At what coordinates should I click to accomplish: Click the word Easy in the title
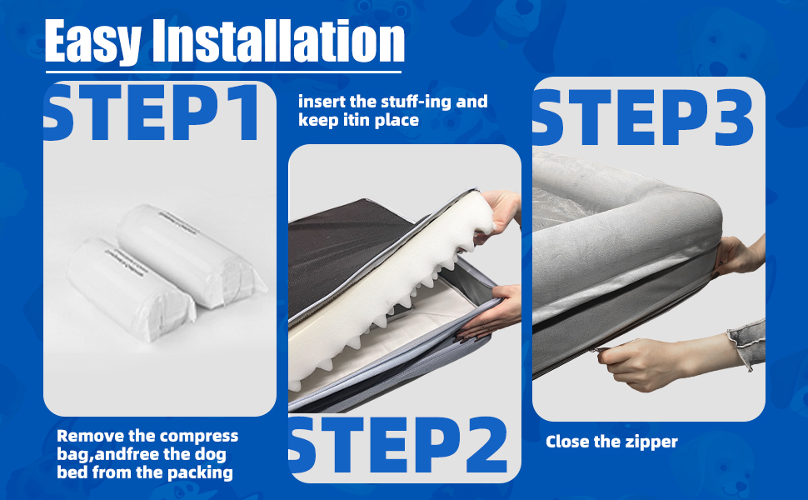[92, 41]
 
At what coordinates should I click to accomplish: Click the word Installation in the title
[279, 41]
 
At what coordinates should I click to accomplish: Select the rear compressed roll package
[191, 255]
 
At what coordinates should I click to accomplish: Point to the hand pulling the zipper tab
[644, 362]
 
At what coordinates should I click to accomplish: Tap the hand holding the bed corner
[738, 255]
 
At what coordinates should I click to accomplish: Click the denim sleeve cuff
[748, 342]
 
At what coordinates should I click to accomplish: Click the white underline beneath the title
[223, 72]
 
